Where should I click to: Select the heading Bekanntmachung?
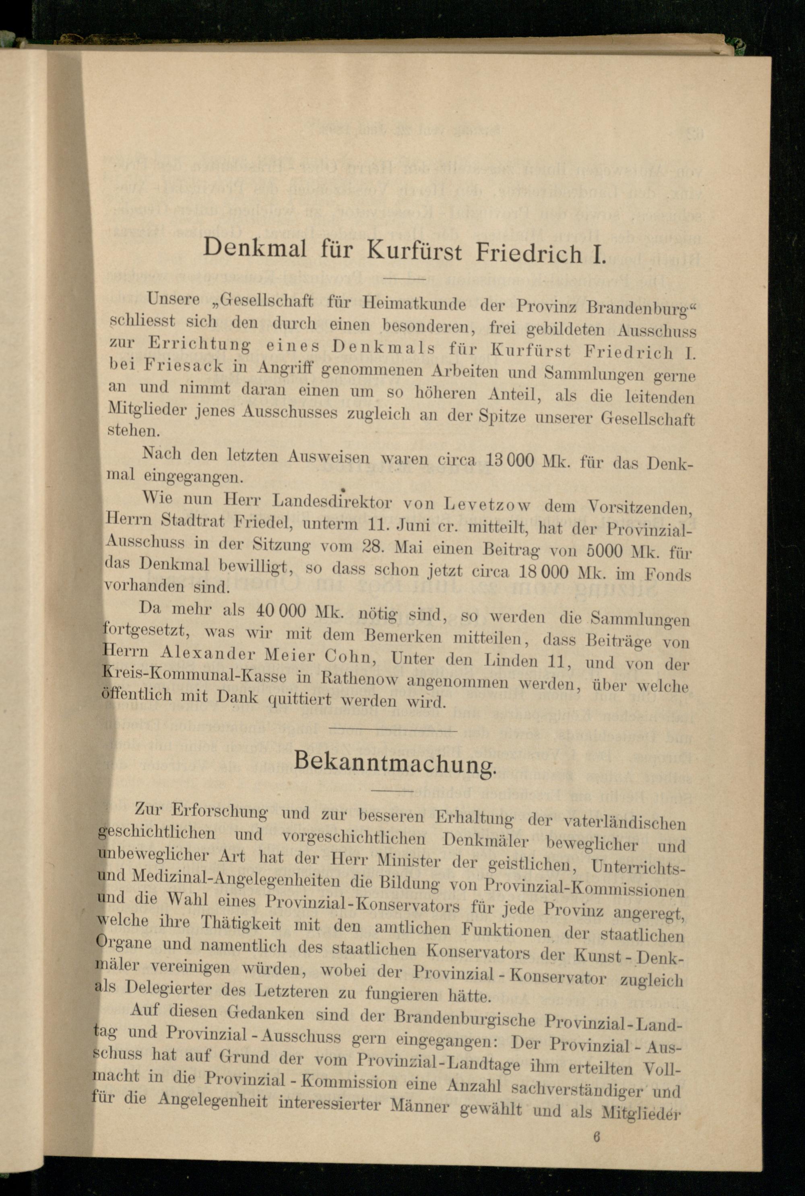click(x=395, y=761)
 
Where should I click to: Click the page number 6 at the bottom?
click(x=596, y=1136)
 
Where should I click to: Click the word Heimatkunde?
click(x=414, y=304)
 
